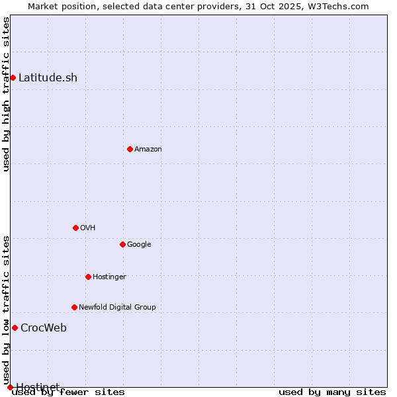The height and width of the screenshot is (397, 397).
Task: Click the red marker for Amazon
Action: (x=130, y=149)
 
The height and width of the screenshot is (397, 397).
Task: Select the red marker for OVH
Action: (x=75, y=228)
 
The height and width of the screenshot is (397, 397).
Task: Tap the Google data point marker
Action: (x=122, y=244)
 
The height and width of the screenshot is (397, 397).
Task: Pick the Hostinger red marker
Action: (x=88, y=277)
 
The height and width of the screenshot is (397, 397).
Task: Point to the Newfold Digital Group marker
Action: (x=74, y=307)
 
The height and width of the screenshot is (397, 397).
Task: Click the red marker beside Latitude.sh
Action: (x=13, y=77)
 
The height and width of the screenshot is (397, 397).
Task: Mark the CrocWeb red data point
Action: (x=15, y=328)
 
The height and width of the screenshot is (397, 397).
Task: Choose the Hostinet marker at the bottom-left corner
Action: (x=10, y=387)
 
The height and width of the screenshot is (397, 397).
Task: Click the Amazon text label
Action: (x=148, y=149)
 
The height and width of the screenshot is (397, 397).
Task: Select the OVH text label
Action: (x=88, y=228)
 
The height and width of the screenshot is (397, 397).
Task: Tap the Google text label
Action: (x=139, y=244)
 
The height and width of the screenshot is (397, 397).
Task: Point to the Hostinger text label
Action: (x=109, y=277)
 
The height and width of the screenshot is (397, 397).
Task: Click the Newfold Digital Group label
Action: (x=117, y=307)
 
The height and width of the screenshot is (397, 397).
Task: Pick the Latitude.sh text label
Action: (x=48, y=77)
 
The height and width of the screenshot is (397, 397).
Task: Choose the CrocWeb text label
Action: (x=44, y=328)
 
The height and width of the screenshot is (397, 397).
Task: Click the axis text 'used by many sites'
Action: (x=332, y=392)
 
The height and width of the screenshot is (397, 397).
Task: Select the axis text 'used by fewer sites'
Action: (x=68, y=392)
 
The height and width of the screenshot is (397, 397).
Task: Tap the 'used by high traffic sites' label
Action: (x=6, y=94)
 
